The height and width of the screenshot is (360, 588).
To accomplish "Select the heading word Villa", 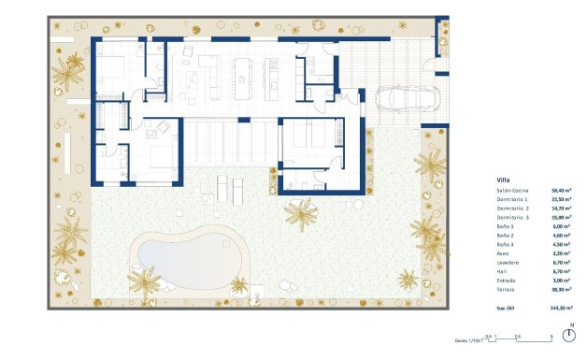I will tap(504, 180).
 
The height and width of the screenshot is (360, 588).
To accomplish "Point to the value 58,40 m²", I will tap(563, 190).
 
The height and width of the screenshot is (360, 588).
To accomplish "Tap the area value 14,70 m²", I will tap(563, 209).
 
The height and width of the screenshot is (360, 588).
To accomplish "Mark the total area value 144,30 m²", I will tap(562, 307).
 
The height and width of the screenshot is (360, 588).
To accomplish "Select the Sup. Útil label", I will tap(507, 307).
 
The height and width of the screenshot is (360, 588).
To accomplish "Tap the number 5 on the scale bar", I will tap(552, 335).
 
